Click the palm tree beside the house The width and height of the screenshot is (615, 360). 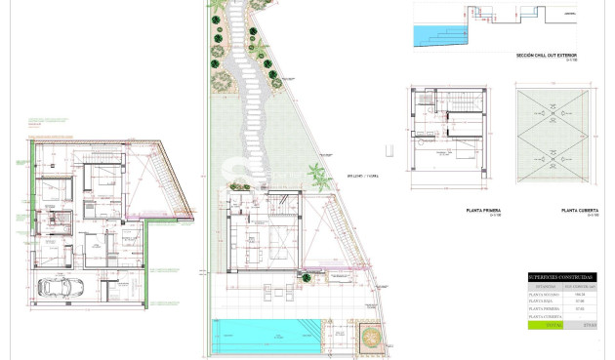tap(316, 178)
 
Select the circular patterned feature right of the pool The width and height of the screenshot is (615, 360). tap(372, 337)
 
